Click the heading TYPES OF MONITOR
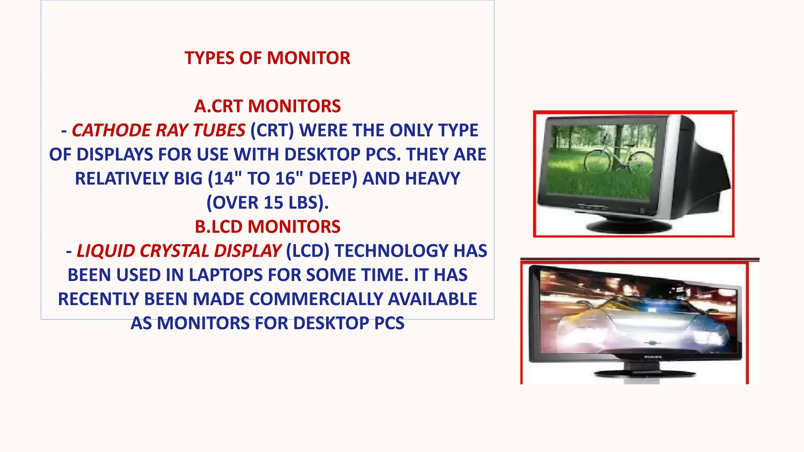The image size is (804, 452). pos(267,58)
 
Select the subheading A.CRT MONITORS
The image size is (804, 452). pos(267,106)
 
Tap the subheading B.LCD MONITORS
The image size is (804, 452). pos(267,227)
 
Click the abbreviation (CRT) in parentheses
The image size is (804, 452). pos(272,130)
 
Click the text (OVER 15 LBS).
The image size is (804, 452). pos(267,203)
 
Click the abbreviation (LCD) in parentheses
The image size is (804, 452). pos(308,251)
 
